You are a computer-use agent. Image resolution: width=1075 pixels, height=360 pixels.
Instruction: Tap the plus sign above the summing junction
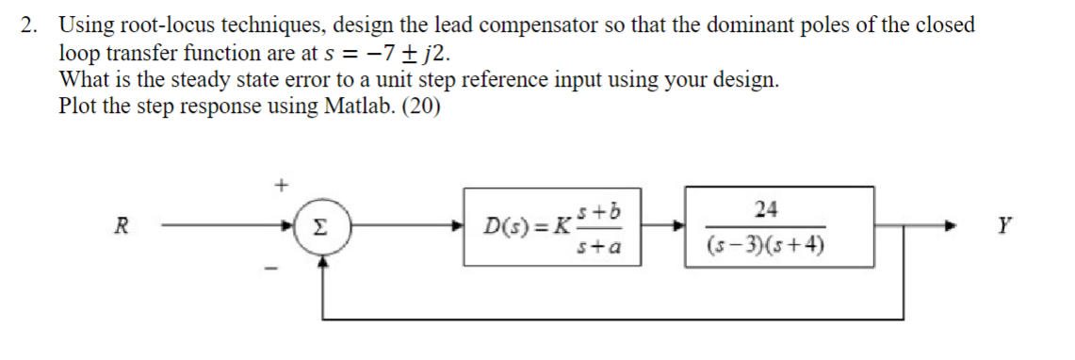pos(280,185)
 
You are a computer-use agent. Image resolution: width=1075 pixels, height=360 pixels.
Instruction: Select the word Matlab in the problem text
pos(356,106)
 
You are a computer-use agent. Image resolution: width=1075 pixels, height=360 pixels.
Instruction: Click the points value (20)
pos(420,106)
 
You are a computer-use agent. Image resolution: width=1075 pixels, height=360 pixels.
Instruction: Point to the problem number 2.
pos(30,25)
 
